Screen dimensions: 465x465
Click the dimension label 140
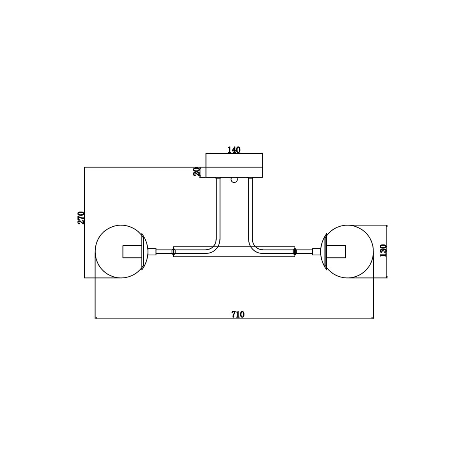coord(234,150)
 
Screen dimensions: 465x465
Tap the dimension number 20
coord(197,172)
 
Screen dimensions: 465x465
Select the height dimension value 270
coord(81,218)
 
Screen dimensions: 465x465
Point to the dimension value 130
coord(383,250)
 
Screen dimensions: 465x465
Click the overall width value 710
coord(238,315)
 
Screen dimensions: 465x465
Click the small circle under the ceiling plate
coord(234,180)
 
